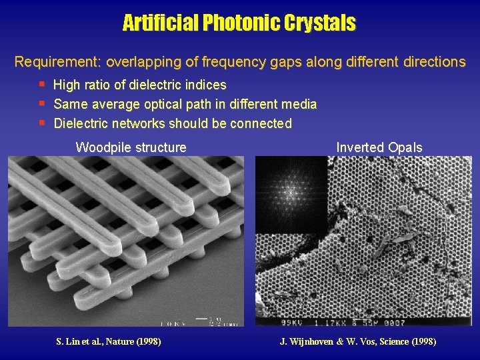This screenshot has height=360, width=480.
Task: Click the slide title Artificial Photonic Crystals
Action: click(239, 23)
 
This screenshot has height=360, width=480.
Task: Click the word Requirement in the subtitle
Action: click(57, 63)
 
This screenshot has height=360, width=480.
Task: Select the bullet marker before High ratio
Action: click(42, 85)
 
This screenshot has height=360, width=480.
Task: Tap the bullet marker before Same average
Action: click(42, 103)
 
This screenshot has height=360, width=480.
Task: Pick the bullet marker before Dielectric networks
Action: click(42, 122)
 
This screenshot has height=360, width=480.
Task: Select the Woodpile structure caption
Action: click(131, 147)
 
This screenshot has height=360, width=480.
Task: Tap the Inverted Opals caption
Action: click(379, 147)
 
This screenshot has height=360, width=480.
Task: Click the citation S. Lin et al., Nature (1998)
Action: click(109, 342)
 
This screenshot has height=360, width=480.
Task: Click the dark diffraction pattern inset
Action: click(290, 194)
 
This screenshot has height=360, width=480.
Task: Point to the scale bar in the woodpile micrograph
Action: click(201, 319)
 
